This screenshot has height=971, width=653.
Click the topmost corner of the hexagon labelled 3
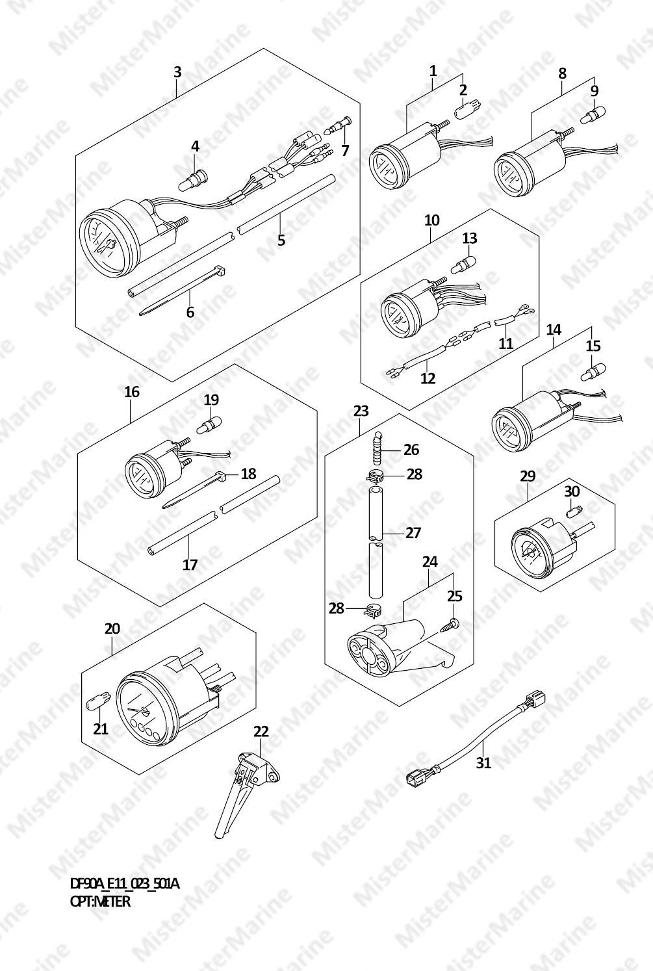263,49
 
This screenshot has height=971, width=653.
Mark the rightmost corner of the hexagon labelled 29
615,504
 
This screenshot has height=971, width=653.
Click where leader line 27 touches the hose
383,532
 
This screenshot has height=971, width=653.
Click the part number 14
554,330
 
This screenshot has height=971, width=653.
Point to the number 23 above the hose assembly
361,410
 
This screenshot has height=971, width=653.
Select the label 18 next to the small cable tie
249,473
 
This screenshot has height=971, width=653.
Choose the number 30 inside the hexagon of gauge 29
572,491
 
